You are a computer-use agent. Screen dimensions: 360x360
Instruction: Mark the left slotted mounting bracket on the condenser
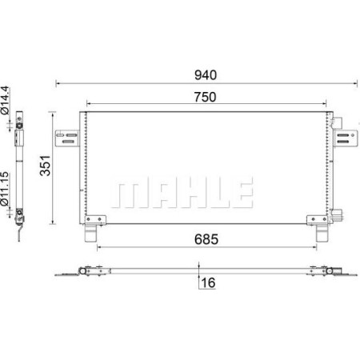(66, 137)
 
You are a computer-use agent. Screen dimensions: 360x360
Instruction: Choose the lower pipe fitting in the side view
(20, 214)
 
